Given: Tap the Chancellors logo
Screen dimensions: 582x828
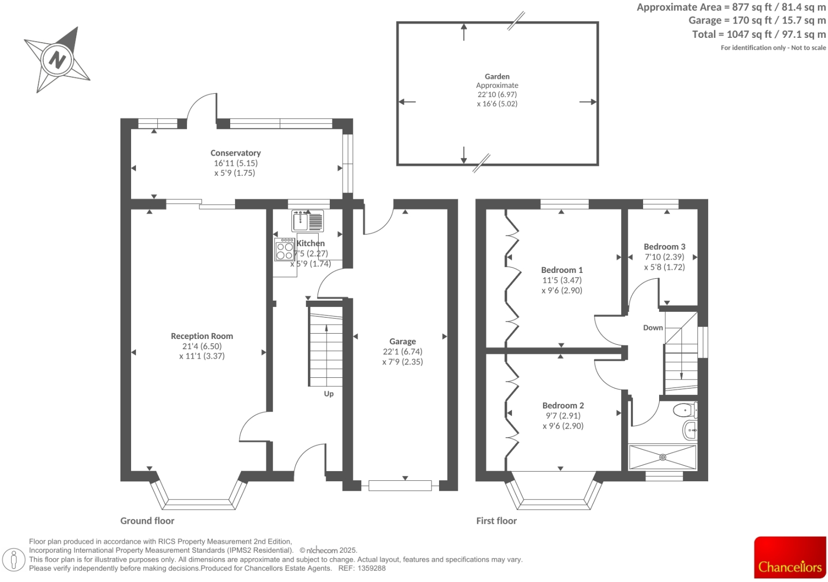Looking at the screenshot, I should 790,557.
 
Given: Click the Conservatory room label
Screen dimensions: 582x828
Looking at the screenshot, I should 236,153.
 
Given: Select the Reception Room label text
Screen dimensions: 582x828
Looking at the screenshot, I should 202,336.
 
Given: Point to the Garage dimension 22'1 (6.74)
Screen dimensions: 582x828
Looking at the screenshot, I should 402,352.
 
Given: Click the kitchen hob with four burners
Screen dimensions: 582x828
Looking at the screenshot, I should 285,249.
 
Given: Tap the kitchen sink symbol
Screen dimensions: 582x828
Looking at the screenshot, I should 301,221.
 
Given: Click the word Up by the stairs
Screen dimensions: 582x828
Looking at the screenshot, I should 329,394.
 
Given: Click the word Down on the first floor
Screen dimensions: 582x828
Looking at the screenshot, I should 653,328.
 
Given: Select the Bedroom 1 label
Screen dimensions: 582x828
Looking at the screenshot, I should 562,270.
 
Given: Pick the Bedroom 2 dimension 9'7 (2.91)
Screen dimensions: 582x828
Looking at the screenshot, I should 563,416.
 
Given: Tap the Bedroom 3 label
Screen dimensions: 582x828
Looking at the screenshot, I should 664,247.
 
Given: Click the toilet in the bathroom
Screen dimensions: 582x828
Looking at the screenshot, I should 684,411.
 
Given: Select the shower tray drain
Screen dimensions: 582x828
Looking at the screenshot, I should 663,457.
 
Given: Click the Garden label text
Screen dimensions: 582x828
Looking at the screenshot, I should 497,77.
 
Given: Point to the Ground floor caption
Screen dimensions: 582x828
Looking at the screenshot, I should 147,521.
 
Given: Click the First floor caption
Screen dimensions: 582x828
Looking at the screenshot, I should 496,521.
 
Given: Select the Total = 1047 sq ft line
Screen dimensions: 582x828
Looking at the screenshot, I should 758,34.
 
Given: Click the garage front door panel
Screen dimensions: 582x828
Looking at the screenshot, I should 400,486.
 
